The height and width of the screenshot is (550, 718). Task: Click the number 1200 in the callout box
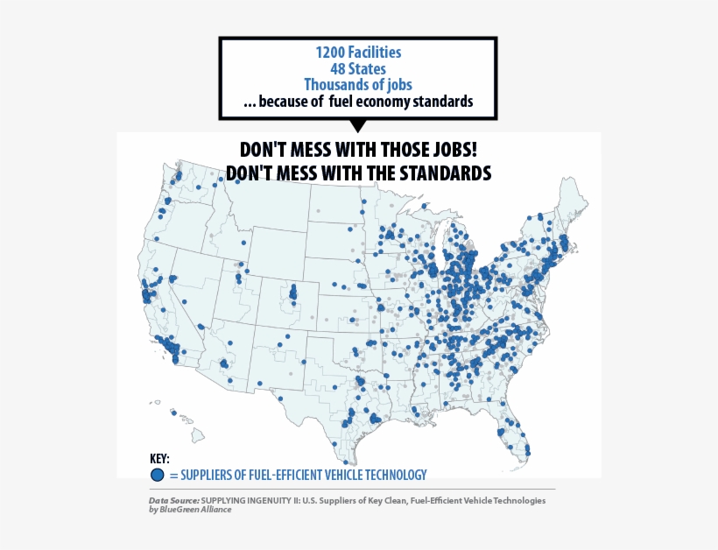pos(331,53)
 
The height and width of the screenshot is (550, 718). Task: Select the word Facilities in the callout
pos(376,53)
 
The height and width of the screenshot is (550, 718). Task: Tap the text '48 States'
pos(357,68)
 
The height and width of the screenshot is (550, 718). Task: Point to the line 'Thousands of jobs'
pos(358,85)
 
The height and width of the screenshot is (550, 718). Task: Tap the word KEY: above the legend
pos(159,459)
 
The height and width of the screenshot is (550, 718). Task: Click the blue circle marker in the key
pos(157,475)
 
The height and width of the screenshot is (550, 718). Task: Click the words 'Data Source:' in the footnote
pos(174,501)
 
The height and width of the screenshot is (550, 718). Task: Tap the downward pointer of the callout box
pos(357,126)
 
